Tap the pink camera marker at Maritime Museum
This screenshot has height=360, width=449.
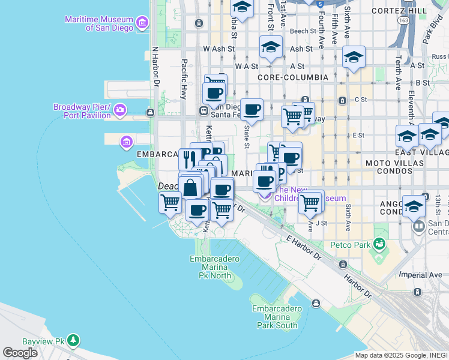pyautogui.click(x=142, y=24)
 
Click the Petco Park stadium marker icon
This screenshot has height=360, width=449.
pyautogui.click(x=379, y=244)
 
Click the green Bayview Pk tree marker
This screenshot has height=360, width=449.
pyautogui.click(x=73, y=340)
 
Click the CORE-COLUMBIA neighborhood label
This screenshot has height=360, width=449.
pyautogui.click(x=292, y=77)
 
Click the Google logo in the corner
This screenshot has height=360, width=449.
pyautogui.click(x=20, y=353)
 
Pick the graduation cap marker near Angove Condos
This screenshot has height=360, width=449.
pyautogui.click(x=414, y=206)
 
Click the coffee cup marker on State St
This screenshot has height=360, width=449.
pyautogui.click(x=252, y=109)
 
